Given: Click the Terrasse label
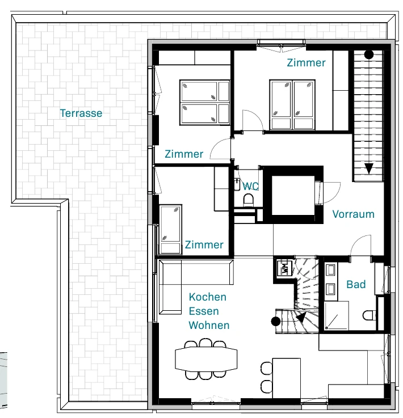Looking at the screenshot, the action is click(x=81, y=113).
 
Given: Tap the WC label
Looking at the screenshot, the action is click(x=250, y=186).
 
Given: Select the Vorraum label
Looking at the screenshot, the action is click(x=354, y=214).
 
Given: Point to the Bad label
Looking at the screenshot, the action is click(x=356, y=284).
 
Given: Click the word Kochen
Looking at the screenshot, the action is click(x=208, y=297).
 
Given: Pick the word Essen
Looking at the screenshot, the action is click(x=204, y=311).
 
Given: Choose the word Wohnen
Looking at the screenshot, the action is click(x=209, y=325).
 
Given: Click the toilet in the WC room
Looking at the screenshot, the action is click(x=249, y=200).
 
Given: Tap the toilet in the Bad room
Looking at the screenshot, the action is click(x=370, y=315).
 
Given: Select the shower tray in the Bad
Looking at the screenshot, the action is click(x=337, y=316).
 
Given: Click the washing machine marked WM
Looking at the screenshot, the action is click(x=284, y=268).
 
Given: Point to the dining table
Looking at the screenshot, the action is click(x=206, y=359).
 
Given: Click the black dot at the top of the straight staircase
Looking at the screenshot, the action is click(x=369, y=54).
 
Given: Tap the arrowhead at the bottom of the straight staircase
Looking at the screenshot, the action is click(x=369, y=169).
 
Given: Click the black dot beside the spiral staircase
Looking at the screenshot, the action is click(x=275, y=321).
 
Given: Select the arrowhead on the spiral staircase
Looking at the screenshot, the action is click(x=301, y=318).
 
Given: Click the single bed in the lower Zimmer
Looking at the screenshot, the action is click(x=170, y=229).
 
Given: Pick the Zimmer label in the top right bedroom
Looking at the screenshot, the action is click(x=306, y=62).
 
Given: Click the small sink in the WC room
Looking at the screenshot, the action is click(x=237, y=184).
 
